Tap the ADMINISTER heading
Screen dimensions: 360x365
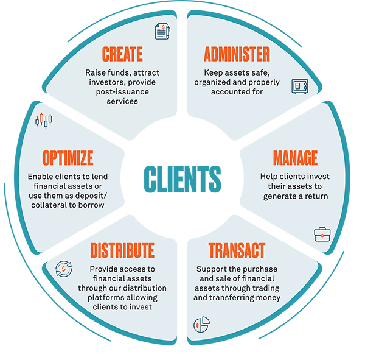coord(236,54)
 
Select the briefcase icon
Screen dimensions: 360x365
coord(321,235)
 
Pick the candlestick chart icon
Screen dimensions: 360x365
coord(43,119)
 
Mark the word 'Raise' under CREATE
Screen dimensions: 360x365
coord(96,72)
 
